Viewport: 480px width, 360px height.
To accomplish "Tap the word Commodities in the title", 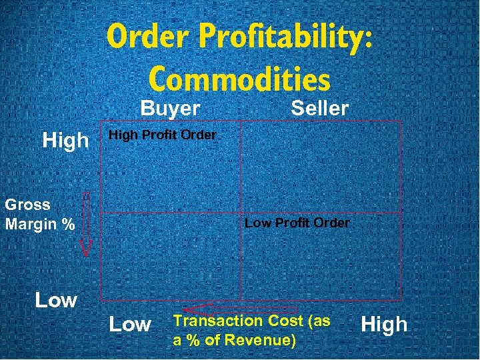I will tap(239, 79).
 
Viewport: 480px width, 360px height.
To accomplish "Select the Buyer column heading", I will tap(170, 108).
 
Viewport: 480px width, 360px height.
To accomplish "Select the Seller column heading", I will tap(319, 108).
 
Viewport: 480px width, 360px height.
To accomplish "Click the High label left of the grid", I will tap(65, 140).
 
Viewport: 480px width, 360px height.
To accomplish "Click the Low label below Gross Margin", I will tap(56, 300).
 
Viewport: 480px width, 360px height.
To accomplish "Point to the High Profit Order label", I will tap(162, 135).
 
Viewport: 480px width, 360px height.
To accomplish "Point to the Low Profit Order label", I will tap(297, 223).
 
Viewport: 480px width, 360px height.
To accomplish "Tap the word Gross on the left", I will tap(27, 205).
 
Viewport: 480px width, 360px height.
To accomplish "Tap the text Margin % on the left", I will tap(39, 224).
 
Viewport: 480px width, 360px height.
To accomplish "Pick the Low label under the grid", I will tap(129, 325).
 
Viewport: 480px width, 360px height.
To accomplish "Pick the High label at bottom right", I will tap(383, 325).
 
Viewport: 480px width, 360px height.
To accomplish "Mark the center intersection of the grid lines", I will tap(241, 213).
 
